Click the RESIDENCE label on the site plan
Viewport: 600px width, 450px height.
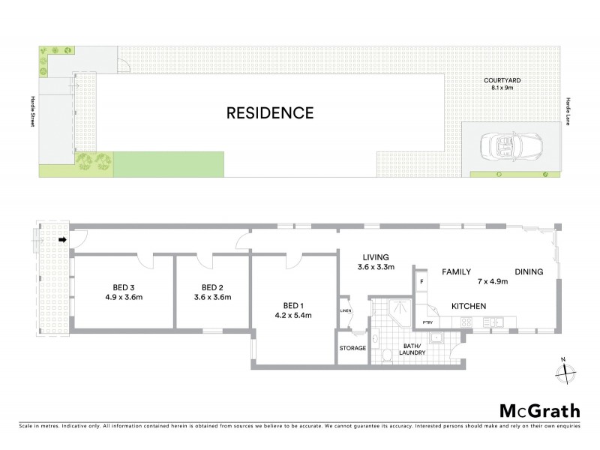click(270, 114)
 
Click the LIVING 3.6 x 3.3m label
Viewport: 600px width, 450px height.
click(376, 262)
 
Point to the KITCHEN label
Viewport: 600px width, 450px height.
click(469, 306)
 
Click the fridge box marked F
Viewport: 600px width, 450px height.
click(422, 282)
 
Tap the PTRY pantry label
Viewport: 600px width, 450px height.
click(428, 323)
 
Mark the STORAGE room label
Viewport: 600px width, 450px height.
click(352, 349)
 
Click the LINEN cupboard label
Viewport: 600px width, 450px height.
click(346, 310)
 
